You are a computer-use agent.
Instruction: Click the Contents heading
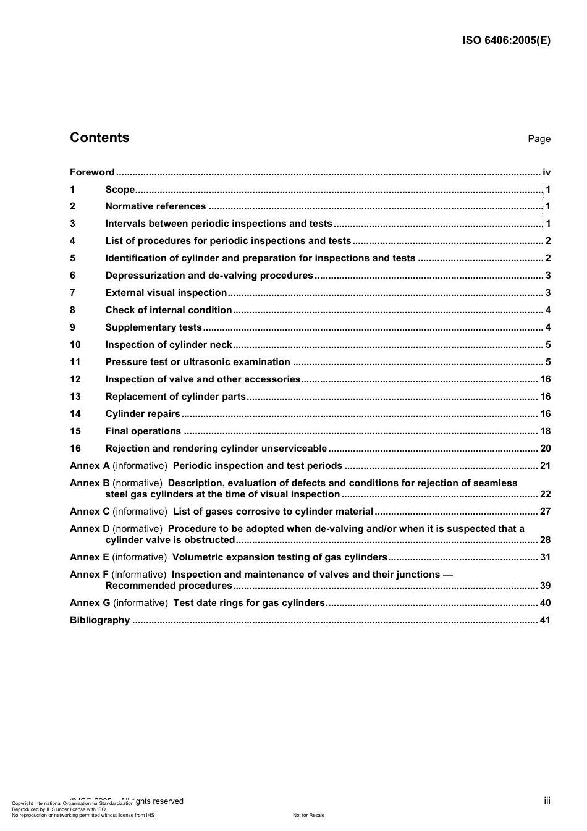point(99,138)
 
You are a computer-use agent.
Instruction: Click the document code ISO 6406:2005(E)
point(506,41)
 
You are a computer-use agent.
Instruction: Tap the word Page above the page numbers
point(539,139)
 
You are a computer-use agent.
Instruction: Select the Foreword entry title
point(92,172)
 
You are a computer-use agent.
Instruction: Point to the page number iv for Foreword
point(546,172)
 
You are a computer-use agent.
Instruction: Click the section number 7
point(73,293)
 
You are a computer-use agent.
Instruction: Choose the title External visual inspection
point(166,293)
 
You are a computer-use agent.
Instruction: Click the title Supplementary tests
point(153,327)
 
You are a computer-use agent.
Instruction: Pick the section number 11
point(75,362)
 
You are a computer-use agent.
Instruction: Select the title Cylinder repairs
point(143,414)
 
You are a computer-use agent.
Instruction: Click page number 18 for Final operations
point(545,431)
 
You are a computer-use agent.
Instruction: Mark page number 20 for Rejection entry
point(545,449)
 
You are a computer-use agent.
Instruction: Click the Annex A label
point(90,466)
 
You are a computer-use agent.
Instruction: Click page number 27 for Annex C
point(545,512)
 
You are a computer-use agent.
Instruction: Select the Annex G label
point(90,603)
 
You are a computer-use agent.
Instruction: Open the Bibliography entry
point(99,620)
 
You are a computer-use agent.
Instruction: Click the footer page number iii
point(547,801)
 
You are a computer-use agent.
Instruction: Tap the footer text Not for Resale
point(308,815)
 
